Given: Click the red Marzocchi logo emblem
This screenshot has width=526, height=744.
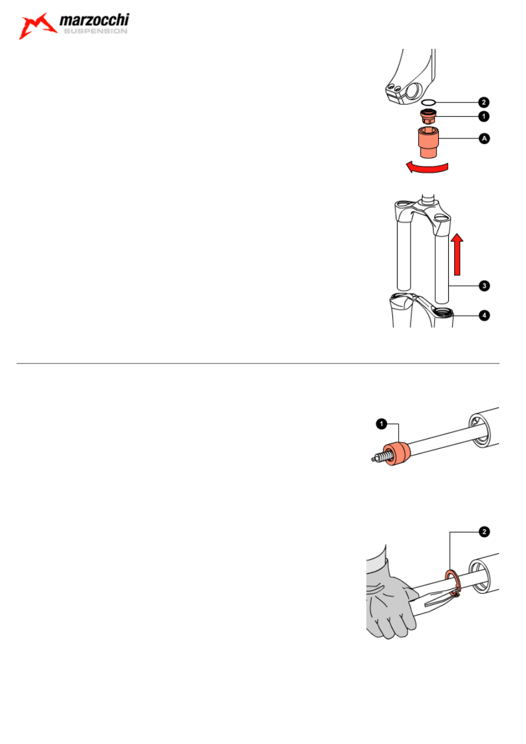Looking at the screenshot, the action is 38,26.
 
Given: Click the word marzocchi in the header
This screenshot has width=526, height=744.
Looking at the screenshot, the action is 94,21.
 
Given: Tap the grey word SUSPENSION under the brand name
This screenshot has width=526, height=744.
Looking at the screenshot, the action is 95,31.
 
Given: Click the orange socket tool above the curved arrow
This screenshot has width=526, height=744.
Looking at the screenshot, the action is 428,142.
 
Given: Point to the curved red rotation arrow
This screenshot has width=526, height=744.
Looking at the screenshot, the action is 428,167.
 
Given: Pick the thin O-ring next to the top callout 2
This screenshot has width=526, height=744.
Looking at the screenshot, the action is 429,102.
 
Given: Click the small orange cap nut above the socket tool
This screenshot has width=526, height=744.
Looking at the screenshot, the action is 428,117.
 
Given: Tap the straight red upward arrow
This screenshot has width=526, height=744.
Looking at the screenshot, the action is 457,254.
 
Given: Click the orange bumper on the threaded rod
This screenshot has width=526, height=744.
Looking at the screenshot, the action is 397,454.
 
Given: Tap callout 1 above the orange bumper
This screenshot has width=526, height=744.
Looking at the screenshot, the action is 382,424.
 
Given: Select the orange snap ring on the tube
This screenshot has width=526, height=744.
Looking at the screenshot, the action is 453,583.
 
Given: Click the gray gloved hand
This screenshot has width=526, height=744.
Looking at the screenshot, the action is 390,601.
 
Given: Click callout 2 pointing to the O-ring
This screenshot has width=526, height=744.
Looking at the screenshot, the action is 484,102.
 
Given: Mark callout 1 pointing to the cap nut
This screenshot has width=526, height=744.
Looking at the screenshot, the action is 484,116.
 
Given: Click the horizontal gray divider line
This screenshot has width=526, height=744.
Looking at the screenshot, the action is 257,363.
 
